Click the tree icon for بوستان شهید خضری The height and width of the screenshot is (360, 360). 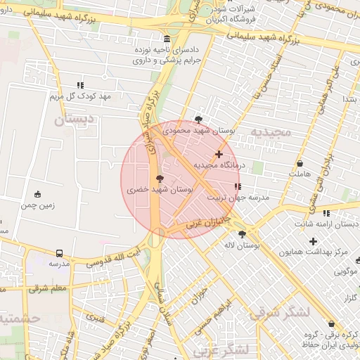coord(160,179)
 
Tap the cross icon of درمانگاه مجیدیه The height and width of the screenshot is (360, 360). coord(219,154)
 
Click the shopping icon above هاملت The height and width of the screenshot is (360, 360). coord(300,163)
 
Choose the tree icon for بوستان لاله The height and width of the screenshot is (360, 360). coord(243,234)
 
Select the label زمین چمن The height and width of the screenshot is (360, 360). coord(37,205)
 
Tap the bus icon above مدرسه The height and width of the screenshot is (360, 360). coord(58,252)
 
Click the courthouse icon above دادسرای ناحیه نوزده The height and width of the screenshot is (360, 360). coord(166,39)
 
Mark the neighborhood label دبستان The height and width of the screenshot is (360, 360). coord(72,120)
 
